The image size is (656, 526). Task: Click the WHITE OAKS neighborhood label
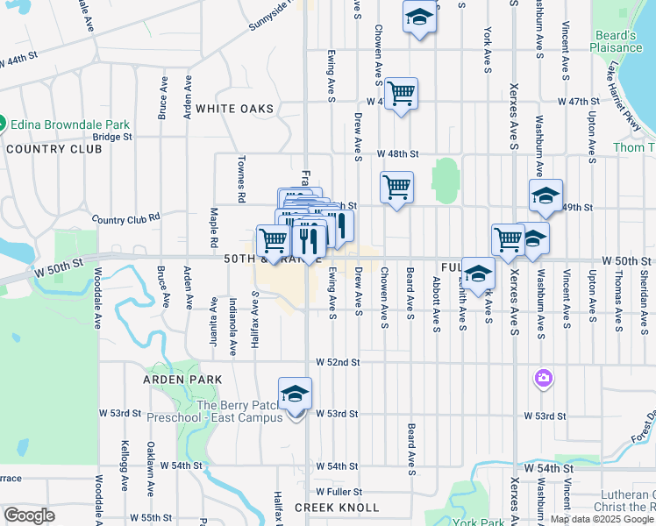pyautogui.click(x=234, y=109)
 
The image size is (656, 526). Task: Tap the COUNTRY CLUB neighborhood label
pyautogui.click(x=53, y=149)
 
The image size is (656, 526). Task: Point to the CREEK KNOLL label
pyautogui.click(x=337, y=508)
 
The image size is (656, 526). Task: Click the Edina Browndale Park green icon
pyautogui.click(x=4, y=124)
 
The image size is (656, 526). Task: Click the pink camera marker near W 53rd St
pyautogui.click(x=544, y=378)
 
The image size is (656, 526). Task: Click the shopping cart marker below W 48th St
pyautogui.click(x=396, y=187)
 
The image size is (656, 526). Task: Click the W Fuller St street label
pyautogui.click(x=339, y=492)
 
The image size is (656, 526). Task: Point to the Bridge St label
pyautogui.click(x=112, y=137)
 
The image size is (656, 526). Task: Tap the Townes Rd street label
pyautogui.click(x=240, y=180)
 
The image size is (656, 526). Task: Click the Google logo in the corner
pyautogui.click(x=30, y=515)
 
